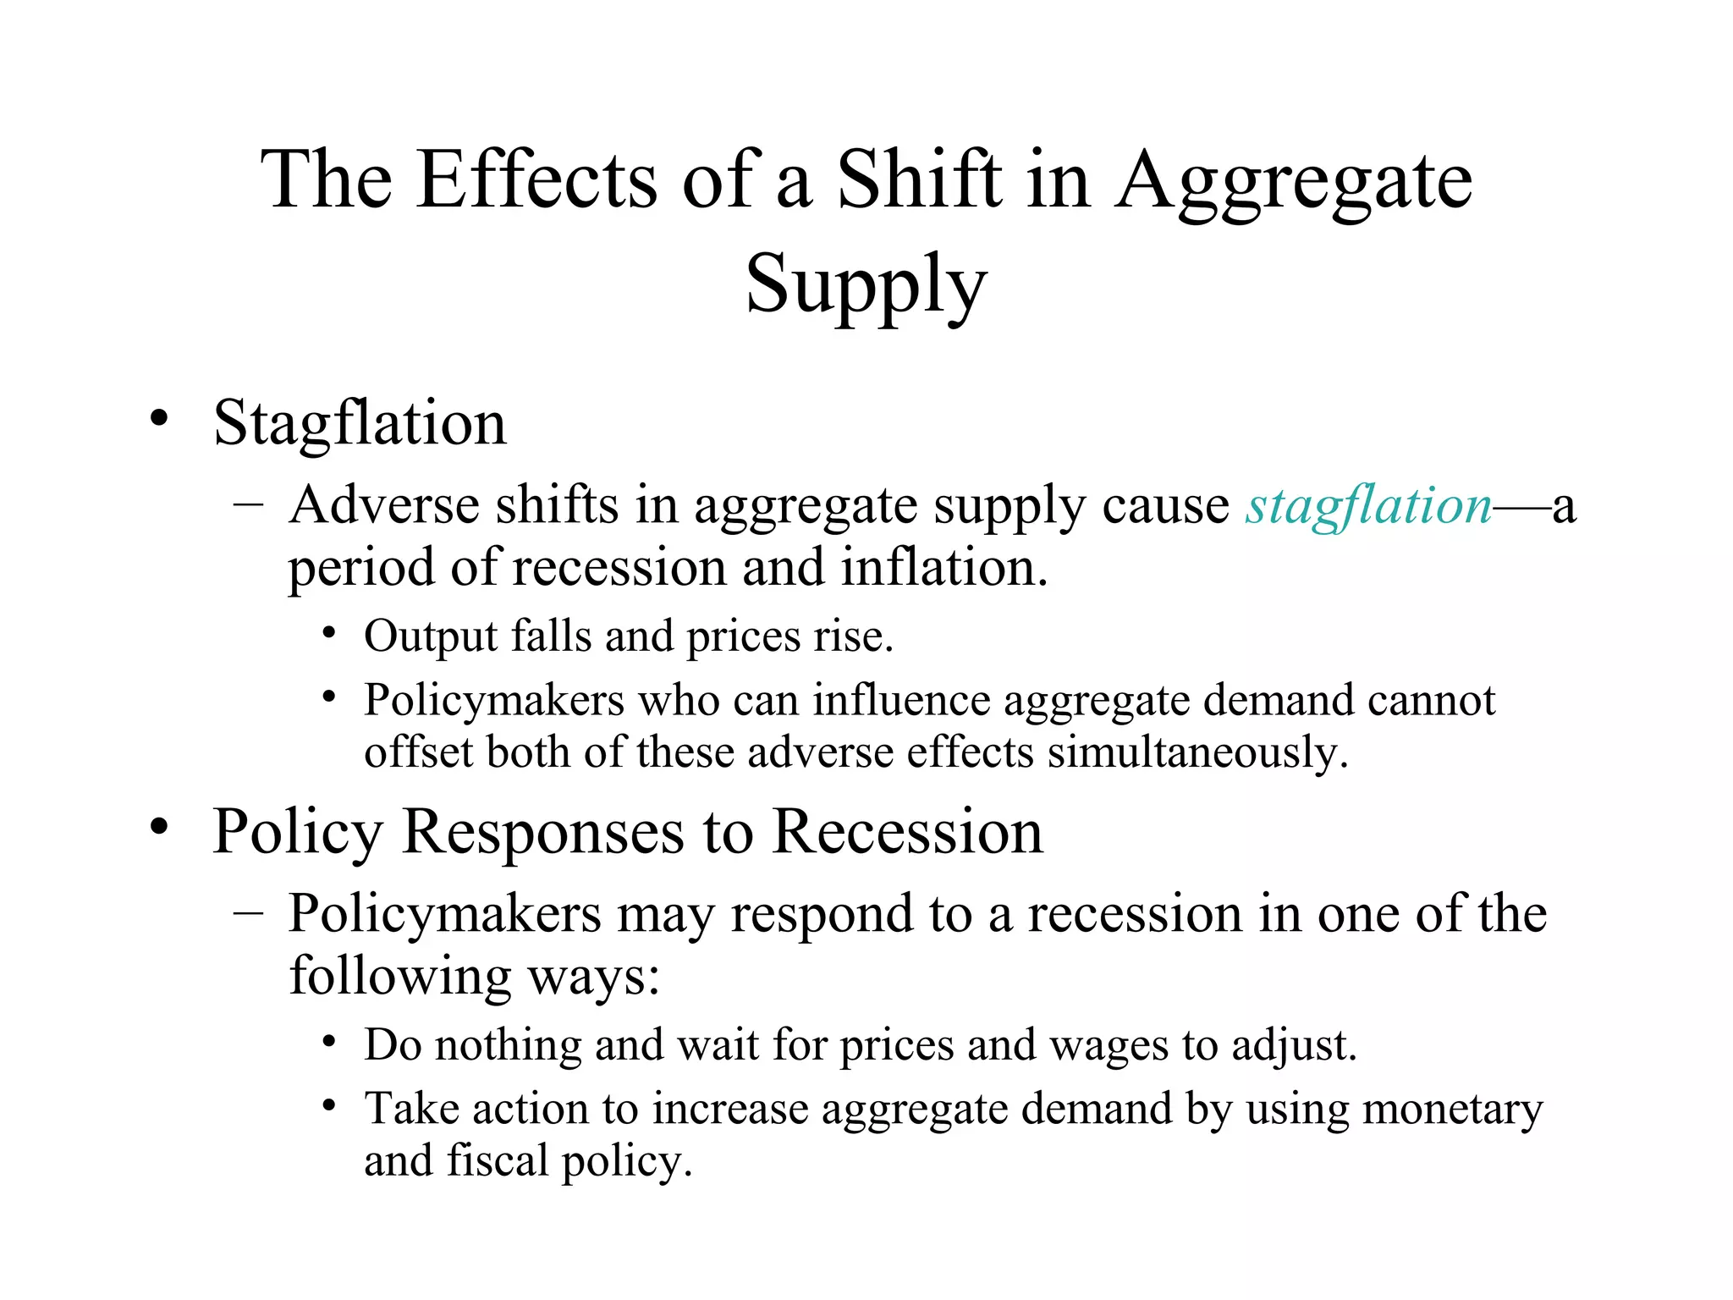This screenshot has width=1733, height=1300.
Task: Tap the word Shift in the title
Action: (919, 179)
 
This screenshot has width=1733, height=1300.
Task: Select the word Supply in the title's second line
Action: (866, 286)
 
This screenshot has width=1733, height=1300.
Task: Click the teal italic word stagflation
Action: (1368, 506)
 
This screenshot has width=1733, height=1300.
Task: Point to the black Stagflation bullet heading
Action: (360, 422)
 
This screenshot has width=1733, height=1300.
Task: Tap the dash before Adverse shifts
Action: (248, 504)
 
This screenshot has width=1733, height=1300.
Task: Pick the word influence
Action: (901, 701)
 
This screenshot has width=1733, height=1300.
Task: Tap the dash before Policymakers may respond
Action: (248, 913)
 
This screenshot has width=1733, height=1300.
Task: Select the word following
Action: (400, 976)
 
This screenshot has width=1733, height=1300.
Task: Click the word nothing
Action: (508, 1045)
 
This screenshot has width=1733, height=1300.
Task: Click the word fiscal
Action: (498, 1160)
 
